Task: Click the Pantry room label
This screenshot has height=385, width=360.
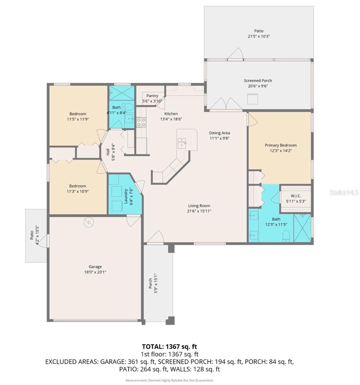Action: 152,96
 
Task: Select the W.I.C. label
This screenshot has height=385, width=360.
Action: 296,196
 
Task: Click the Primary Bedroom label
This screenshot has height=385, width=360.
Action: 280,145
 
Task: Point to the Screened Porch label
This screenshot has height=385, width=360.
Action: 258,81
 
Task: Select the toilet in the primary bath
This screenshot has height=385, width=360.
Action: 286,236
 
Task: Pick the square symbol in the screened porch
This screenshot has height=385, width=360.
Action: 253,99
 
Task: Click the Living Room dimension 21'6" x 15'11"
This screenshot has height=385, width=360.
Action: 199,211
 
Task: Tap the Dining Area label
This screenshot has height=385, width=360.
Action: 219,133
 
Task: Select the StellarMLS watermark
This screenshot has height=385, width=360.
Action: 344,193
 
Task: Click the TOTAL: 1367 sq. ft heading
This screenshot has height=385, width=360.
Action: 169,346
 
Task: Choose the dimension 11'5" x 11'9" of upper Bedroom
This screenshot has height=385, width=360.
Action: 78,119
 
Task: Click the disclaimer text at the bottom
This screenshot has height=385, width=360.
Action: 169,380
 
